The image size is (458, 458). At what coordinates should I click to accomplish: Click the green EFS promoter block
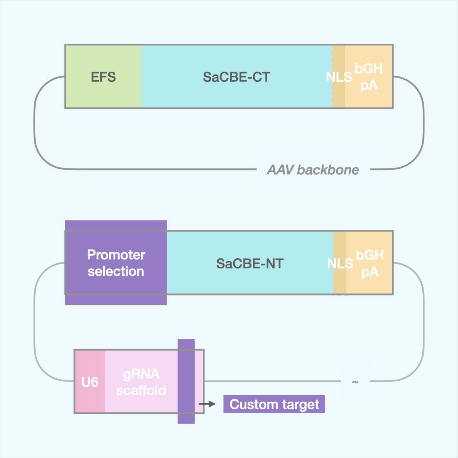point(103,77)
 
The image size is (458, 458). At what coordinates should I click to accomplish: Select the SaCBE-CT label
point(236,77)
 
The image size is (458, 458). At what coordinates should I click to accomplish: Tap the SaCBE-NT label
point(249,263)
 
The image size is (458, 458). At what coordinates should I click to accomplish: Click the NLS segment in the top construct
point(339,77)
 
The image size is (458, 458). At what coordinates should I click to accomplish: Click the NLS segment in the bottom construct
point(340,263)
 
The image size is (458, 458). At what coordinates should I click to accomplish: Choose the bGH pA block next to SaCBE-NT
point(370,263)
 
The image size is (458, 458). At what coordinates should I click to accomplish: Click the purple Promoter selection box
point(116,263)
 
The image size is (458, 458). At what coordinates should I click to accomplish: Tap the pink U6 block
point(90,382)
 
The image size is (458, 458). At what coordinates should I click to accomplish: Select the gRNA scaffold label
point(141,382)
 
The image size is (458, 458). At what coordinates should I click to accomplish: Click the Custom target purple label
point(274,404)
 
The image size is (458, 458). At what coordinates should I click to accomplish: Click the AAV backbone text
point(313,170)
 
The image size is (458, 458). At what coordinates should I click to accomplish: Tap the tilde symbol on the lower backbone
point(355,382)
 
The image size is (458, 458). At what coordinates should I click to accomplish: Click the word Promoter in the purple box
point(116,255)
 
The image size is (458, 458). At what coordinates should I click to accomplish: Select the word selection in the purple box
point(116,271)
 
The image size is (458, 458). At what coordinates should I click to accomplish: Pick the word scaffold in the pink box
point(141,390)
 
